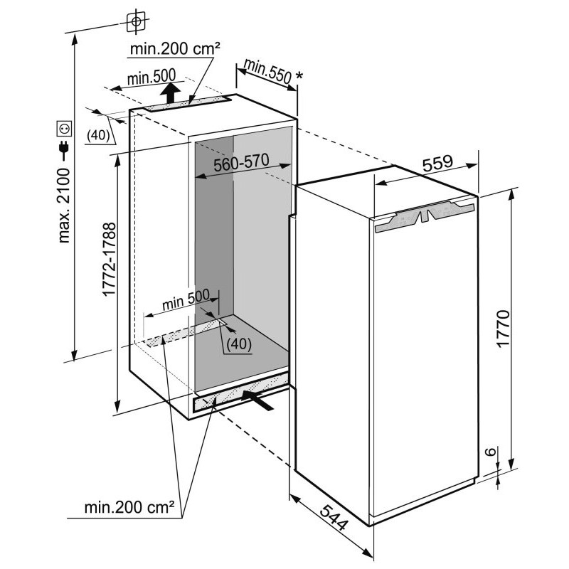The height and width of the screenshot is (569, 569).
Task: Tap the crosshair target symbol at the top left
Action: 137,22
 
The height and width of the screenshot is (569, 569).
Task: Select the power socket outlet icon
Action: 64,129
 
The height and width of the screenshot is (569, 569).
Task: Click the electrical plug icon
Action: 64,150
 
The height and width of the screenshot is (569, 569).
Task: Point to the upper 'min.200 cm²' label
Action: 175,48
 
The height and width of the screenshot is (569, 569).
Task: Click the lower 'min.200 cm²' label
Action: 129,507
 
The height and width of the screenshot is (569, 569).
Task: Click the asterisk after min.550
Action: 299,76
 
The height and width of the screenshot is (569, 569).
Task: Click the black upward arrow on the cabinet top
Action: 170,93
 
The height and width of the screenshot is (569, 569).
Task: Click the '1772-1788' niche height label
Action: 110,260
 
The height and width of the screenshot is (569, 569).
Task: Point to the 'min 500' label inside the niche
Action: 186,299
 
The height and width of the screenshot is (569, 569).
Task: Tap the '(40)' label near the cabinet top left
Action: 98,134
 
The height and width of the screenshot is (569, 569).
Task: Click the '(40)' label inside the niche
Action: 239,344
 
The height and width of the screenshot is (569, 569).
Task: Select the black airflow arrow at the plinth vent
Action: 258,400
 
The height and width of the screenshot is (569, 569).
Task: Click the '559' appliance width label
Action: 437,164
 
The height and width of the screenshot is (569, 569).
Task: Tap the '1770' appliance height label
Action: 504,329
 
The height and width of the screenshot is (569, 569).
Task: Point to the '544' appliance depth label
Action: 334,519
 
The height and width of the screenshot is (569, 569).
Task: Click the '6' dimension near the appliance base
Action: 490,452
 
